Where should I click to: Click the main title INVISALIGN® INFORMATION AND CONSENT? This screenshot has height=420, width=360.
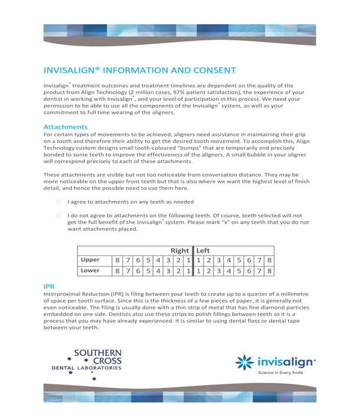pos(140,70)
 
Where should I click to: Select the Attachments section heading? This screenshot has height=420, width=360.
pos(65,127)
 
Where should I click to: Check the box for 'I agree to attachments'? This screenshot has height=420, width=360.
pos(59,202)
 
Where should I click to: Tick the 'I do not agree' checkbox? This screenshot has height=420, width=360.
pos(59,215)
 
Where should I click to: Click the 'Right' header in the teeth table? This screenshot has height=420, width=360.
pos(179,250)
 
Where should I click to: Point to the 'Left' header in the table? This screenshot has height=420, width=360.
pos(203,250)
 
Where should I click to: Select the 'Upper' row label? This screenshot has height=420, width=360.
pos(91,260)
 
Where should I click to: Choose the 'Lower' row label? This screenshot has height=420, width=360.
pos(91,271)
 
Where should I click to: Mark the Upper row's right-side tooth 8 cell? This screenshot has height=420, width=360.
pos(118,260)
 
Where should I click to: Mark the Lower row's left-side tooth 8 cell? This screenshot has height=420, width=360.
pos(269,271)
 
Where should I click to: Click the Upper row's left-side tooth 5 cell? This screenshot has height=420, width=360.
pos(239,260)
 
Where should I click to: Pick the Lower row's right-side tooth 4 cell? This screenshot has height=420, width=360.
pos(158,271)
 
